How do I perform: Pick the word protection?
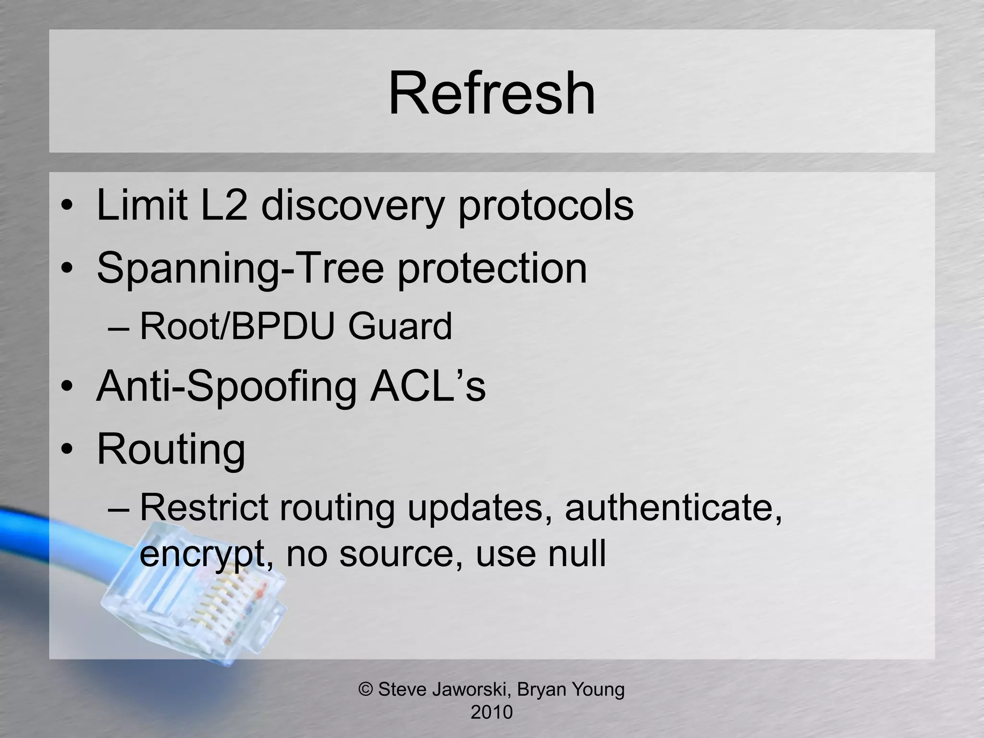[492, 269]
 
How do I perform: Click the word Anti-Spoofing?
[226, 387]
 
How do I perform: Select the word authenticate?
[673, 508]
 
